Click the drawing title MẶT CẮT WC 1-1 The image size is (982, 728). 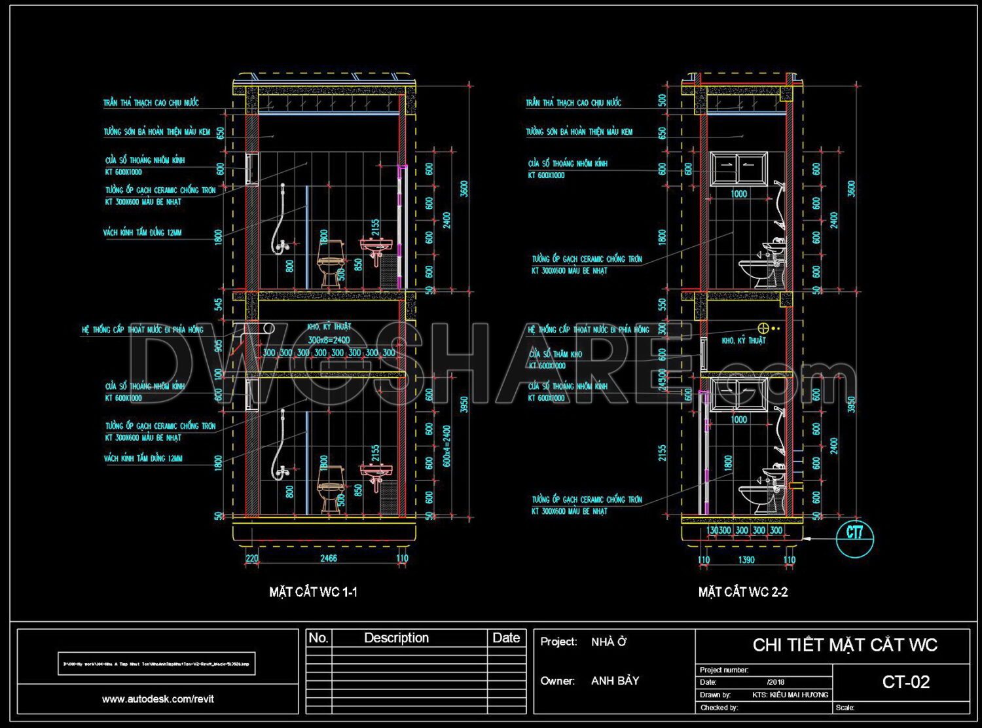[313, 592]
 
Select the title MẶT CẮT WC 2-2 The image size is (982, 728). [743, 592]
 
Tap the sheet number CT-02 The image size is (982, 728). [905, 682]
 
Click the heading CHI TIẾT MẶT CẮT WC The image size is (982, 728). [845, 646]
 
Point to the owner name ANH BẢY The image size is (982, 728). [615, 681]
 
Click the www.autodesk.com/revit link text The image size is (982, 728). [158, 699]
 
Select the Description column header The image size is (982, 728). [396, 638]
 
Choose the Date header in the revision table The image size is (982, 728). [506, 638]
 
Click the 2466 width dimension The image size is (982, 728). [328, 558]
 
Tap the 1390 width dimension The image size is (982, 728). [746, 560]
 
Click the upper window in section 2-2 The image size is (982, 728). [738, 169]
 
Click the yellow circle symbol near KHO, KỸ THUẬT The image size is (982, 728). [763, 327]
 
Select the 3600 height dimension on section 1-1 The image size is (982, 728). [464, 188]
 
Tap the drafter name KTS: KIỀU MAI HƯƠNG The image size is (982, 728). [790, 695]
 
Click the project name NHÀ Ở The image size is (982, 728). [608, 642]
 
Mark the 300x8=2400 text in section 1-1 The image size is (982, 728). [329, 340]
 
